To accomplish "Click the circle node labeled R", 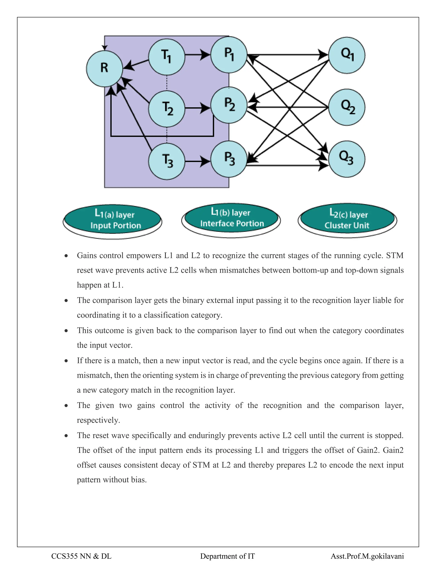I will (104, 68).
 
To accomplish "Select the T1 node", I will (167, 57).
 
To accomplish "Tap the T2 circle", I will (167, 109).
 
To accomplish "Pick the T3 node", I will (167, 161).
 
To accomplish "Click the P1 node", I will (229, 54).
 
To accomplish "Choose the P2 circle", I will (229, 105).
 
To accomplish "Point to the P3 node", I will (229, 159).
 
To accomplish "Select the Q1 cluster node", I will (347, 55).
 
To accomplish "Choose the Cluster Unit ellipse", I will (347, 219).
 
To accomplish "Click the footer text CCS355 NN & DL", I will (81, 556).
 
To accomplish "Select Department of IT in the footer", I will (227, 556).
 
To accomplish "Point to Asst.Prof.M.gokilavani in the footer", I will (367, 556).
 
